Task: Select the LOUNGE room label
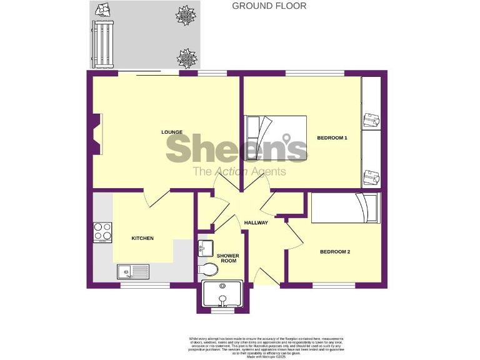(172, 132)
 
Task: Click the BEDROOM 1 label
(331, 137)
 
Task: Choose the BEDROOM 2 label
(334, 252)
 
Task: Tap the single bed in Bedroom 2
(345, 208)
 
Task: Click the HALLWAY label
(256, 223)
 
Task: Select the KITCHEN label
(142, 238)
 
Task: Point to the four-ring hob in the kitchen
(102, 232)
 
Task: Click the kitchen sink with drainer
(133, 271)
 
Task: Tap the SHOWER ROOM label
(227, 258)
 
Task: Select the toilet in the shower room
(208, 269)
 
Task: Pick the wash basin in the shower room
(205, 248)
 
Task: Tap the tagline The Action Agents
(239, 171)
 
